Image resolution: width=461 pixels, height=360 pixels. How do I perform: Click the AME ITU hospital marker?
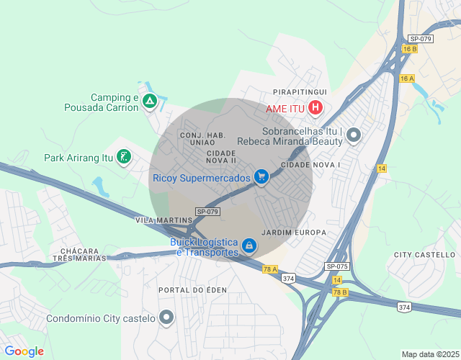pos(315,109)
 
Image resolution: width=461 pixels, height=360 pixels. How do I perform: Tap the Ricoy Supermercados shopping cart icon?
pos(261,177)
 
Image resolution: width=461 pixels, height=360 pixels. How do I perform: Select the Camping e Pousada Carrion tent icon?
pos(149,102)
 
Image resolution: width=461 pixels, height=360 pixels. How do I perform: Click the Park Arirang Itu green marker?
pos(124,157)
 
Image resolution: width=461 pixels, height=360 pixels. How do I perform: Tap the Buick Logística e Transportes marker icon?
pos(249,246)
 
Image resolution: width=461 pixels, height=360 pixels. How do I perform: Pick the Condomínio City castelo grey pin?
pos(167,318)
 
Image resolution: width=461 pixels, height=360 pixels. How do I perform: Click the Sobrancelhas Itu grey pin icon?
pos(353,135)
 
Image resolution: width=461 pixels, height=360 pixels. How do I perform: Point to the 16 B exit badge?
pos(410,49)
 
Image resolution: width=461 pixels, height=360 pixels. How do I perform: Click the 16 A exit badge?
pos(407,78)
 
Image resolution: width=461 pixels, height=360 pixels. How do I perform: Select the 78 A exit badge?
pos(270,269)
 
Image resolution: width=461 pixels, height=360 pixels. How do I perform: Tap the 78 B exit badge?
pos(340,292)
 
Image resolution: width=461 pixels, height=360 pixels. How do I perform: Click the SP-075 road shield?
pos(336,266)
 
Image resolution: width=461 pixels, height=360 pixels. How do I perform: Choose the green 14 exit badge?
pos(382,168)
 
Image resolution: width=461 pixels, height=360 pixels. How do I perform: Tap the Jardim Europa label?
pos(295,233)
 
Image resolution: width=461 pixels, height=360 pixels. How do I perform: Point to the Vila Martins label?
pos(164,220)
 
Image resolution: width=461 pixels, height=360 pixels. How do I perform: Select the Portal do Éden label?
pos(192,289)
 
